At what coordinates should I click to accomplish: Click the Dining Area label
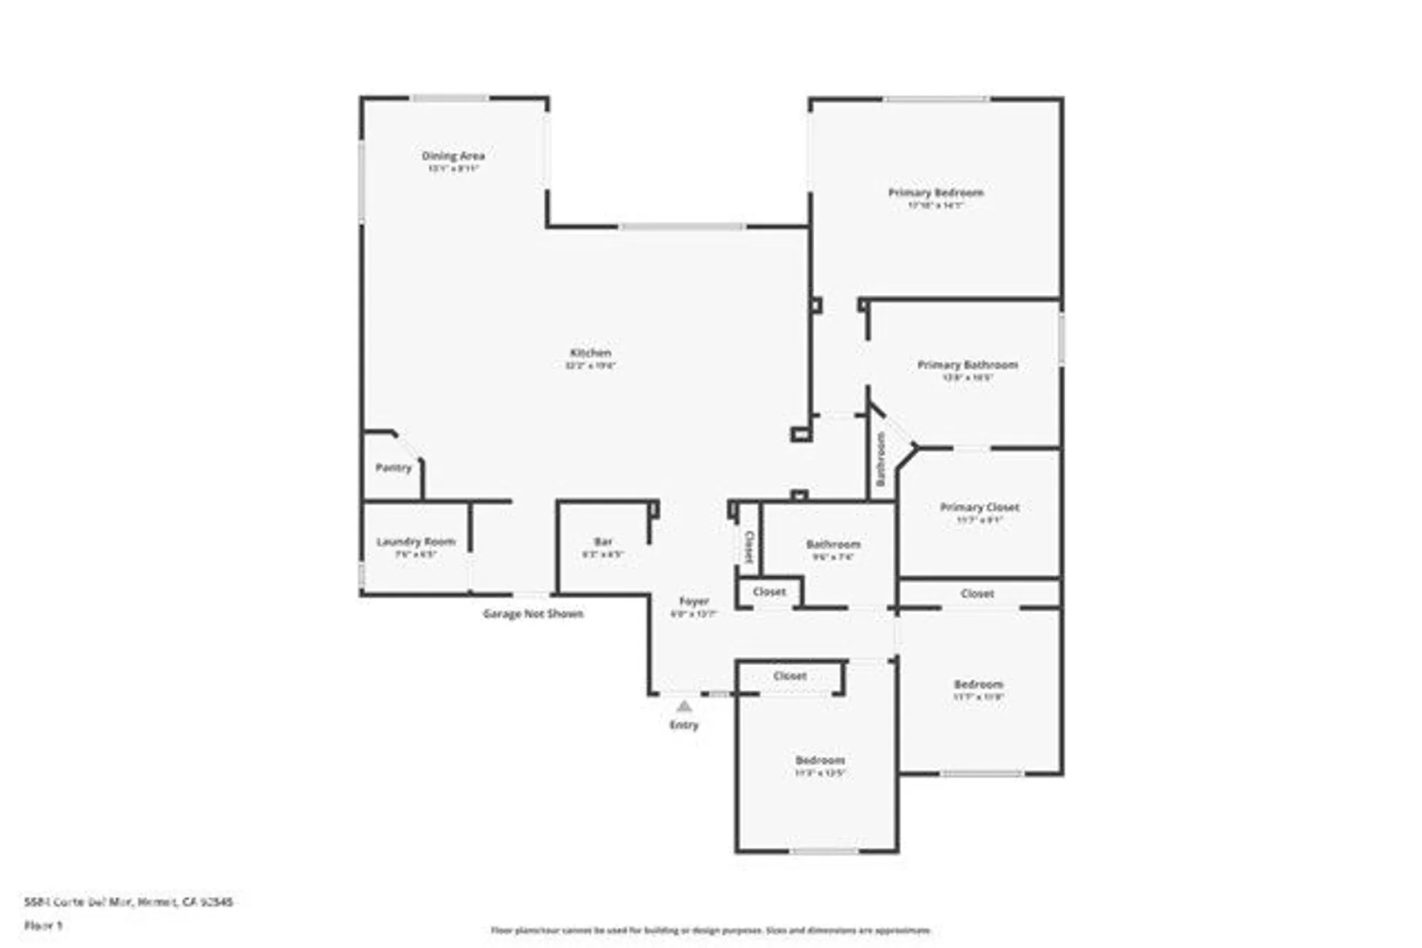point(453,156)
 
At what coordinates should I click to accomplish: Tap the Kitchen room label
point(590,353)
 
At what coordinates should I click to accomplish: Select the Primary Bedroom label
point(936,193)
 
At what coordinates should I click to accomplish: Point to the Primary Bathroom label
point(967,365)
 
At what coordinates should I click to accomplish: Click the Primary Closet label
point(979,507)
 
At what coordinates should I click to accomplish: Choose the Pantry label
point(393,468)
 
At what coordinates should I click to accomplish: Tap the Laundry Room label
point(415,542)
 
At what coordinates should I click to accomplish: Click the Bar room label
point(603,542)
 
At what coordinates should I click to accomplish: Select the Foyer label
point(693,601)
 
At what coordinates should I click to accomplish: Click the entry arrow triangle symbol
point(684,706)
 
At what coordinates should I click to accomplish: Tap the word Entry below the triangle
point(684,726)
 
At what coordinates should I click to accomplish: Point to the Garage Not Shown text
point(533,614)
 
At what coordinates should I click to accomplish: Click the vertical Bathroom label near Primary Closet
point(880,459)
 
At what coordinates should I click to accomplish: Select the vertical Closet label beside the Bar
point(749,546)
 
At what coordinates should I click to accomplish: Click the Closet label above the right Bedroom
point(977,593)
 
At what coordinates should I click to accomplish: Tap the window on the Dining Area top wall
point(450,98)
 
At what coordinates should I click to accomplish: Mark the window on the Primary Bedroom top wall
point(936,99)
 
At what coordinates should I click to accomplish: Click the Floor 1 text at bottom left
point(43,925)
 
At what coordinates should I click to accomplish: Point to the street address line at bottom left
point(128,902)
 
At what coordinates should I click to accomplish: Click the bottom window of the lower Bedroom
point(825,851)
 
